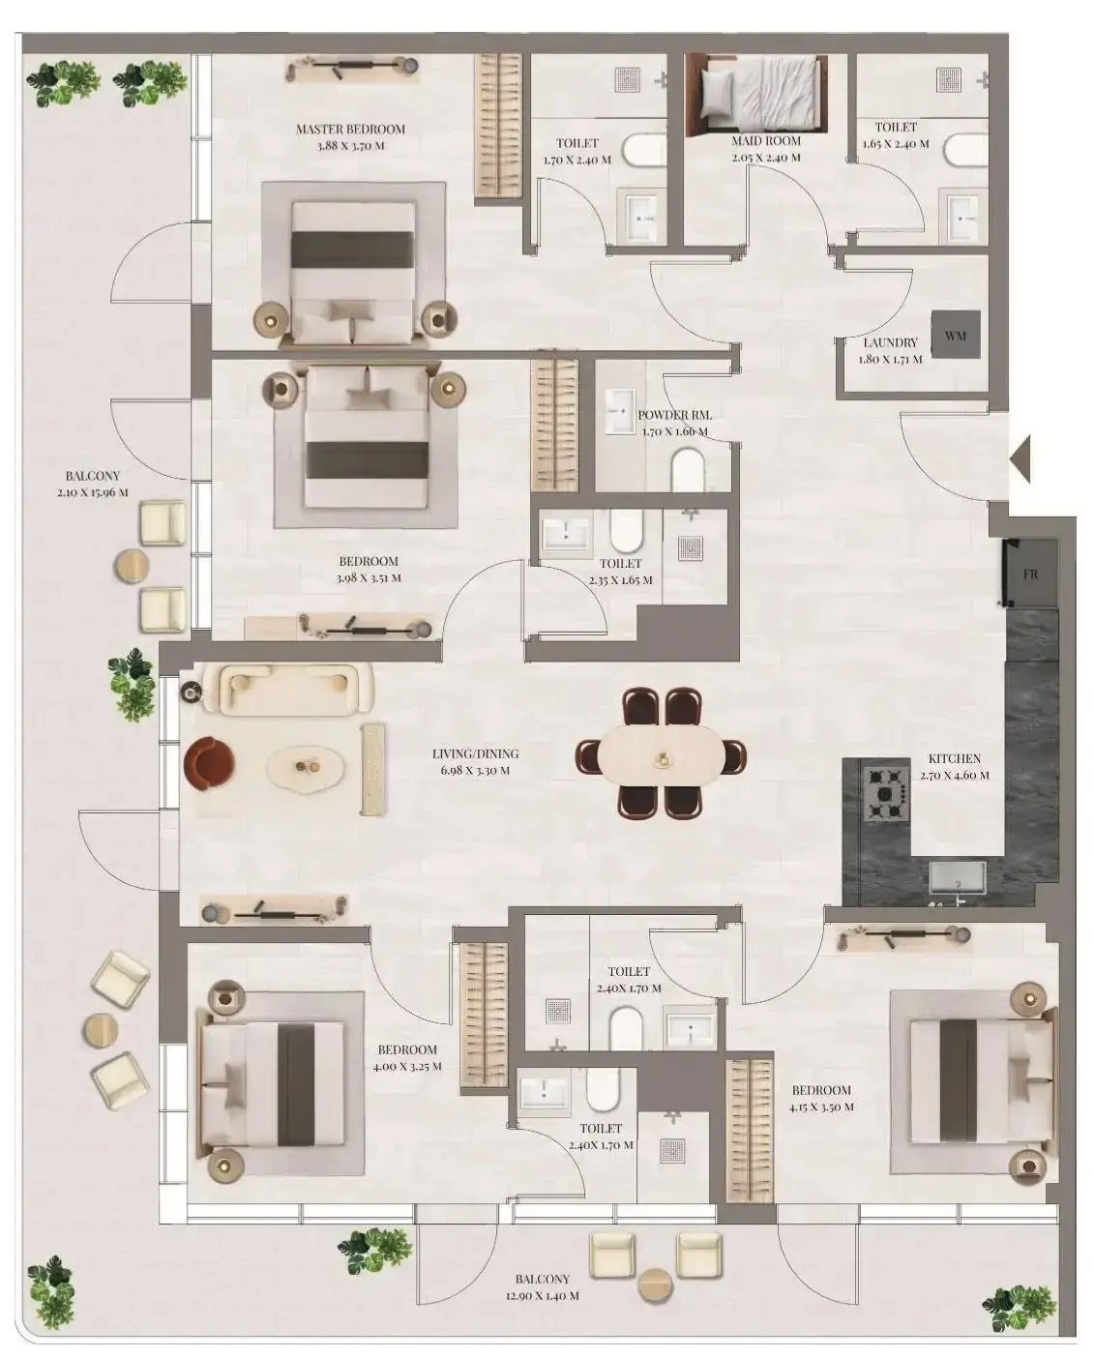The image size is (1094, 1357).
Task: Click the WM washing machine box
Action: tap(956, 335)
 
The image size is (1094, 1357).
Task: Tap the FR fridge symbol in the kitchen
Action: tap(1030, 574)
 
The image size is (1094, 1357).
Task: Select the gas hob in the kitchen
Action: tap(886, 794)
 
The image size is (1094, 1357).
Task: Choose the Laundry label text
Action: tap(890, 342)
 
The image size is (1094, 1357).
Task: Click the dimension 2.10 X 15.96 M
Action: tap(92, 492)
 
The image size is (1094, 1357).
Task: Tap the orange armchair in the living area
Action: tap(209, 763)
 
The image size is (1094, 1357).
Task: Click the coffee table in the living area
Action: tap(307, 767)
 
